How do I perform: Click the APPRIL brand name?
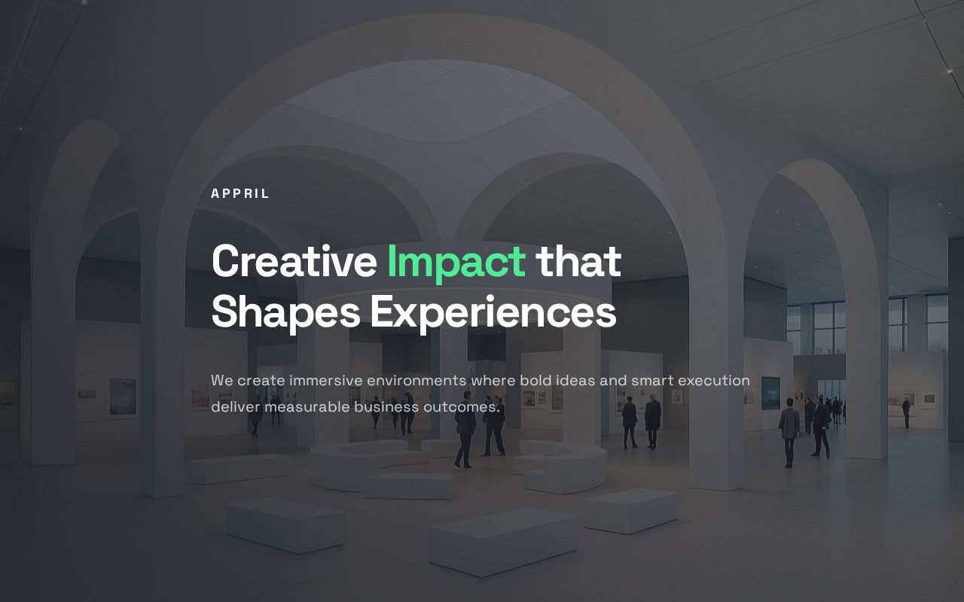click(x=239, y=193)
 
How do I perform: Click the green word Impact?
click(x=456, y=263)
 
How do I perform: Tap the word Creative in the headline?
click(x=294, y=261)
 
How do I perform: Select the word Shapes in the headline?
click(x=285, y=313)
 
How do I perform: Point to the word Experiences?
click(x=493, y=313)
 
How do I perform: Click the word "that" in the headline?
click(x=578, y=261)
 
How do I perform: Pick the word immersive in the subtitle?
click(x=326, y=381)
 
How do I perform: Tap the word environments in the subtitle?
click(x=416, y=381)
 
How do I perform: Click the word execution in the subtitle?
click(x=714, y=381)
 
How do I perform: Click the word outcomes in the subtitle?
click(x=462, y=407)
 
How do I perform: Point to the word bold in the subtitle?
click(x=535, y=381)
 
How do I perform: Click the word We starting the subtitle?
click(x=222, y=381)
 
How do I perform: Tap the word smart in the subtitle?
click(x=652, y=381)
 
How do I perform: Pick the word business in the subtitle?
click(x=386, y=407)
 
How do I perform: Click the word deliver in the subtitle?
click(x=236, y=407)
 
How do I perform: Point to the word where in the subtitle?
click(x=493, y=381)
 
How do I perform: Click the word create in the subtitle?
click(x=261, y=381)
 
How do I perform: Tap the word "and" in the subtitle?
click(x=613, y=381)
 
